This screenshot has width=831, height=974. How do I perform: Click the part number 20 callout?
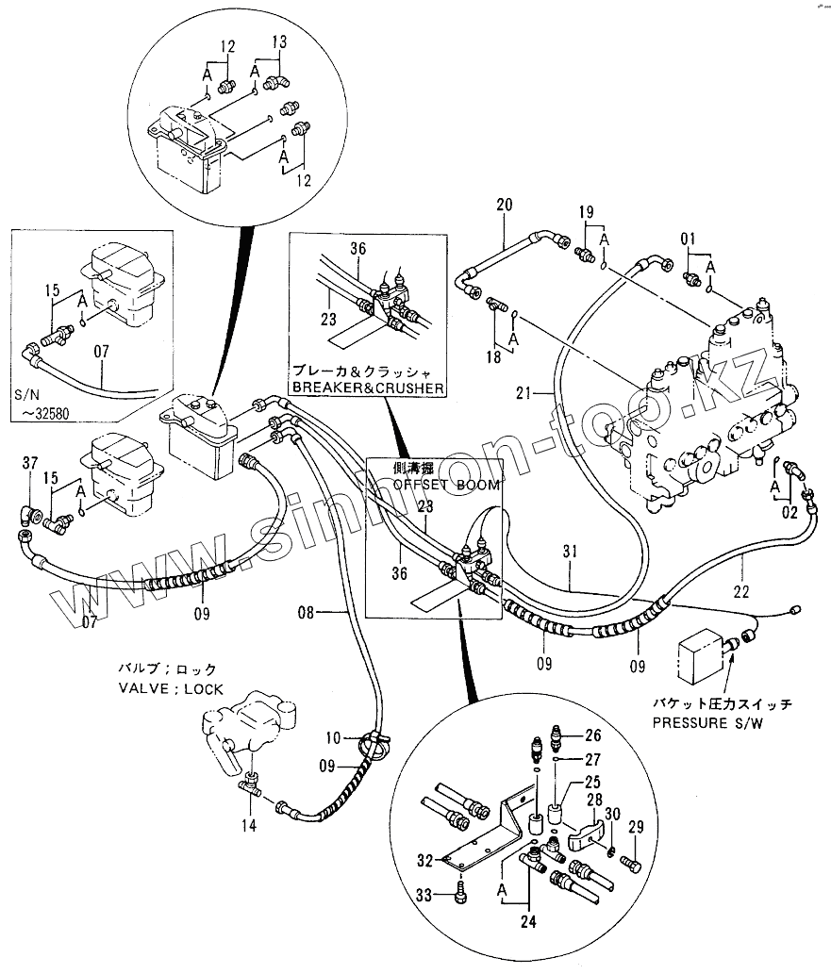[504, 205]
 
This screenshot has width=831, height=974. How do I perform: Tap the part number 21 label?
[524, 390]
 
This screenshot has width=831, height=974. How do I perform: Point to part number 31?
[568, 553]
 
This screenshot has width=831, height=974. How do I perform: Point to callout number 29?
[636, 827]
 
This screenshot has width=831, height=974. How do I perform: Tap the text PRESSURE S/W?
[706, 722]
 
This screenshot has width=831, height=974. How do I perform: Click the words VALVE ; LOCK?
[171, 689]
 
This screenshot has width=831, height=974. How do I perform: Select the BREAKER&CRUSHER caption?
[367, 388]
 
